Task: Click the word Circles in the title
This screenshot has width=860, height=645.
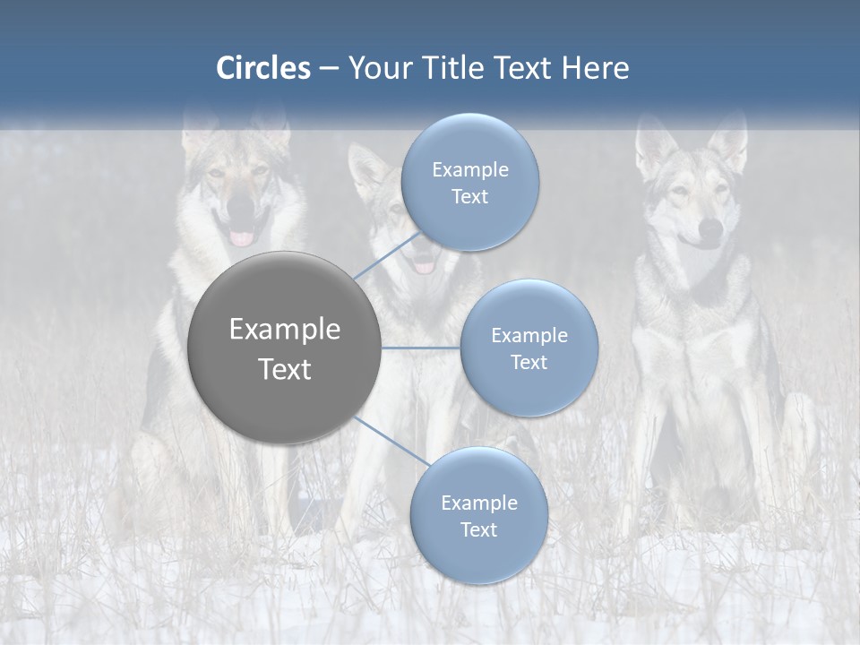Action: click(262, 68)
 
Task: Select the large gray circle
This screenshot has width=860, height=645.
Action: click(284, 348)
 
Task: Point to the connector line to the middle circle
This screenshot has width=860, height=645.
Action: click(421, 348)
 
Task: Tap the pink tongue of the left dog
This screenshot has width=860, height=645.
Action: click(242, 238)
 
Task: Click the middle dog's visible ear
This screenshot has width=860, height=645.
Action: click(367, 170)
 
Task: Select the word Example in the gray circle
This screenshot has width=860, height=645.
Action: click(284, 329)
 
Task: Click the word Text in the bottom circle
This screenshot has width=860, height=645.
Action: click(478, 529)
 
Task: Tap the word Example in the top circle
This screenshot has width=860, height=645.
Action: click(469, 169)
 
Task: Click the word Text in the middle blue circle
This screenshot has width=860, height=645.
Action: click(529, 362)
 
